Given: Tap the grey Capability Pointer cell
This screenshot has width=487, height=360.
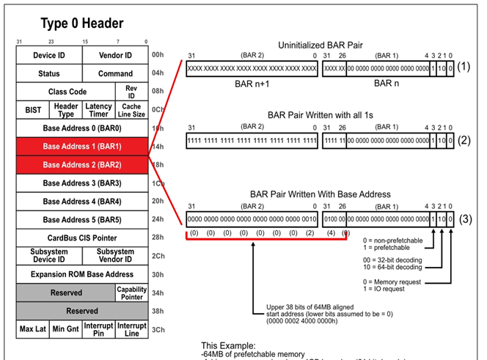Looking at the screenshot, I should pyautogui.click(x=131, y=293).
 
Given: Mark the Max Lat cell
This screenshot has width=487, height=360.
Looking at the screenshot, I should pyautogui.click(x=33, y=328).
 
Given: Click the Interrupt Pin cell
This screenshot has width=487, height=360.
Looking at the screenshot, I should pyautogui.click(x=99, y=328).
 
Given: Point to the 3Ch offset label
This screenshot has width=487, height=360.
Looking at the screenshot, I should pyautogui.click(x=158, y=329).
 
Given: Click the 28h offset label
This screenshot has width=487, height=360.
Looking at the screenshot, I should pyautogui.click(x=158, y=238).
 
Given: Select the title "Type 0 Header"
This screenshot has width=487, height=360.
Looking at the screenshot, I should pyautogui.click(x=82, y=24).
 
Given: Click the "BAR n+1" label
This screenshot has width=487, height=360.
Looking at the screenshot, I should pyautogui.click(x=252, y=83).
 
